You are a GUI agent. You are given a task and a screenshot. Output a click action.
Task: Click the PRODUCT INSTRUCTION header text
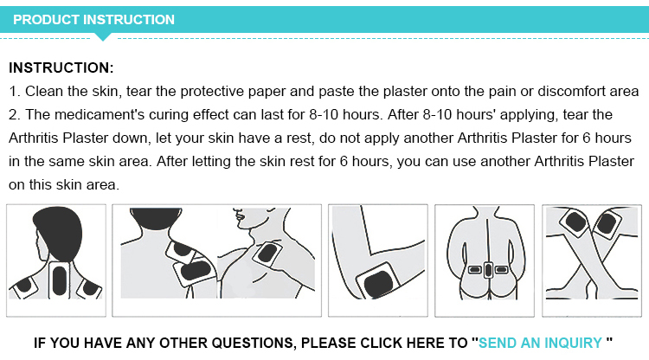93,19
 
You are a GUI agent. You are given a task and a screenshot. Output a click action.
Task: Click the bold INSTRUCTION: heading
61,67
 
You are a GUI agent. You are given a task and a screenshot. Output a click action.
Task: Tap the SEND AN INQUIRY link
540,343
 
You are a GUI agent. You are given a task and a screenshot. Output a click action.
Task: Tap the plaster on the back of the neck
60,278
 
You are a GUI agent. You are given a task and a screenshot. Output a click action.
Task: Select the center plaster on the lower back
488,270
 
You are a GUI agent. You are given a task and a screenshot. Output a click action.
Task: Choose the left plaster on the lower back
473,270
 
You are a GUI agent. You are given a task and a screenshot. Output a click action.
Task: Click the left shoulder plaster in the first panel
24,285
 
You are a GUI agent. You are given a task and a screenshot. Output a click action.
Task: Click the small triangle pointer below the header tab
104,36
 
